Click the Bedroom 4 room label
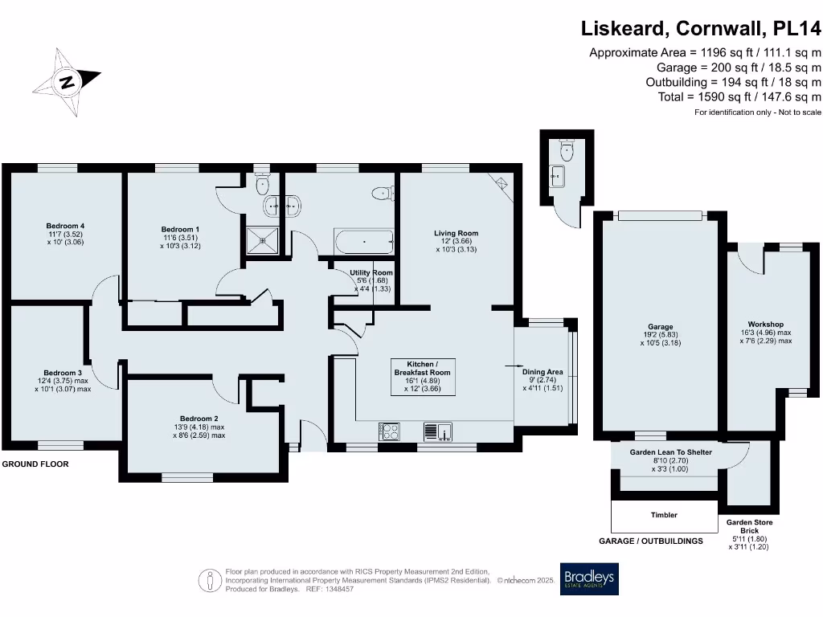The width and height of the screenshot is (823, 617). click(x=65, y=226)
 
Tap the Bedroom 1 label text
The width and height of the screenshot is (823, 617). click(x=180, y=229)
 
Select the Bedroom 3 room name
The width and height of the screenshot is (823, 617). click(x=63, y=373)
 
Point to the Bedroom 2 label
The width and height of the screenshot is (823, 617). click(x=199, y=419)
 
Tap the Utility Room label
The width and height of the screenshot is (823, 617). click(x=371, y=273)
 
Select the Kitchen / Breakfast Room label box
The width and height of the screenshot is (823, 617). click(x=422, y=377)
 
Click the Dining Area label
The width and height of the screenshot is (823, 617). click(x=543, y=372)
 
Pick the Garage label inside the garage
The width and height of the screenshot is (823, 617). click(x=660, y=327)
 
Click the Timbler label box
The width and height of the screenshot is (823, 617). click(x=664, y=515)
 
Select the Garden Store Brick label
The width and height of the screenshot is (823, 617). click(x=749, y=527)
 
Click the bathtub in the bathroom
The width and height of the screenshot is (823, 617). click(x=363, y=241)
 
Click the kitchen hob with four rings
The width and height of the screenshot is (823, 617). click(x=390, y=431)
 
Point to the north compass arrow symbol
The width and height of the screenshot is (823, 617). click(x=68, y=80)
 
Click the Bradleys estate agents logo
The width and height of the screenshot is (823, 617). click(x=590, y=578)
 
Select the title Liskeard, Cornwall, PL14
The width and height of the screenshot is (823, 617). click(x=701, y=29)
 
